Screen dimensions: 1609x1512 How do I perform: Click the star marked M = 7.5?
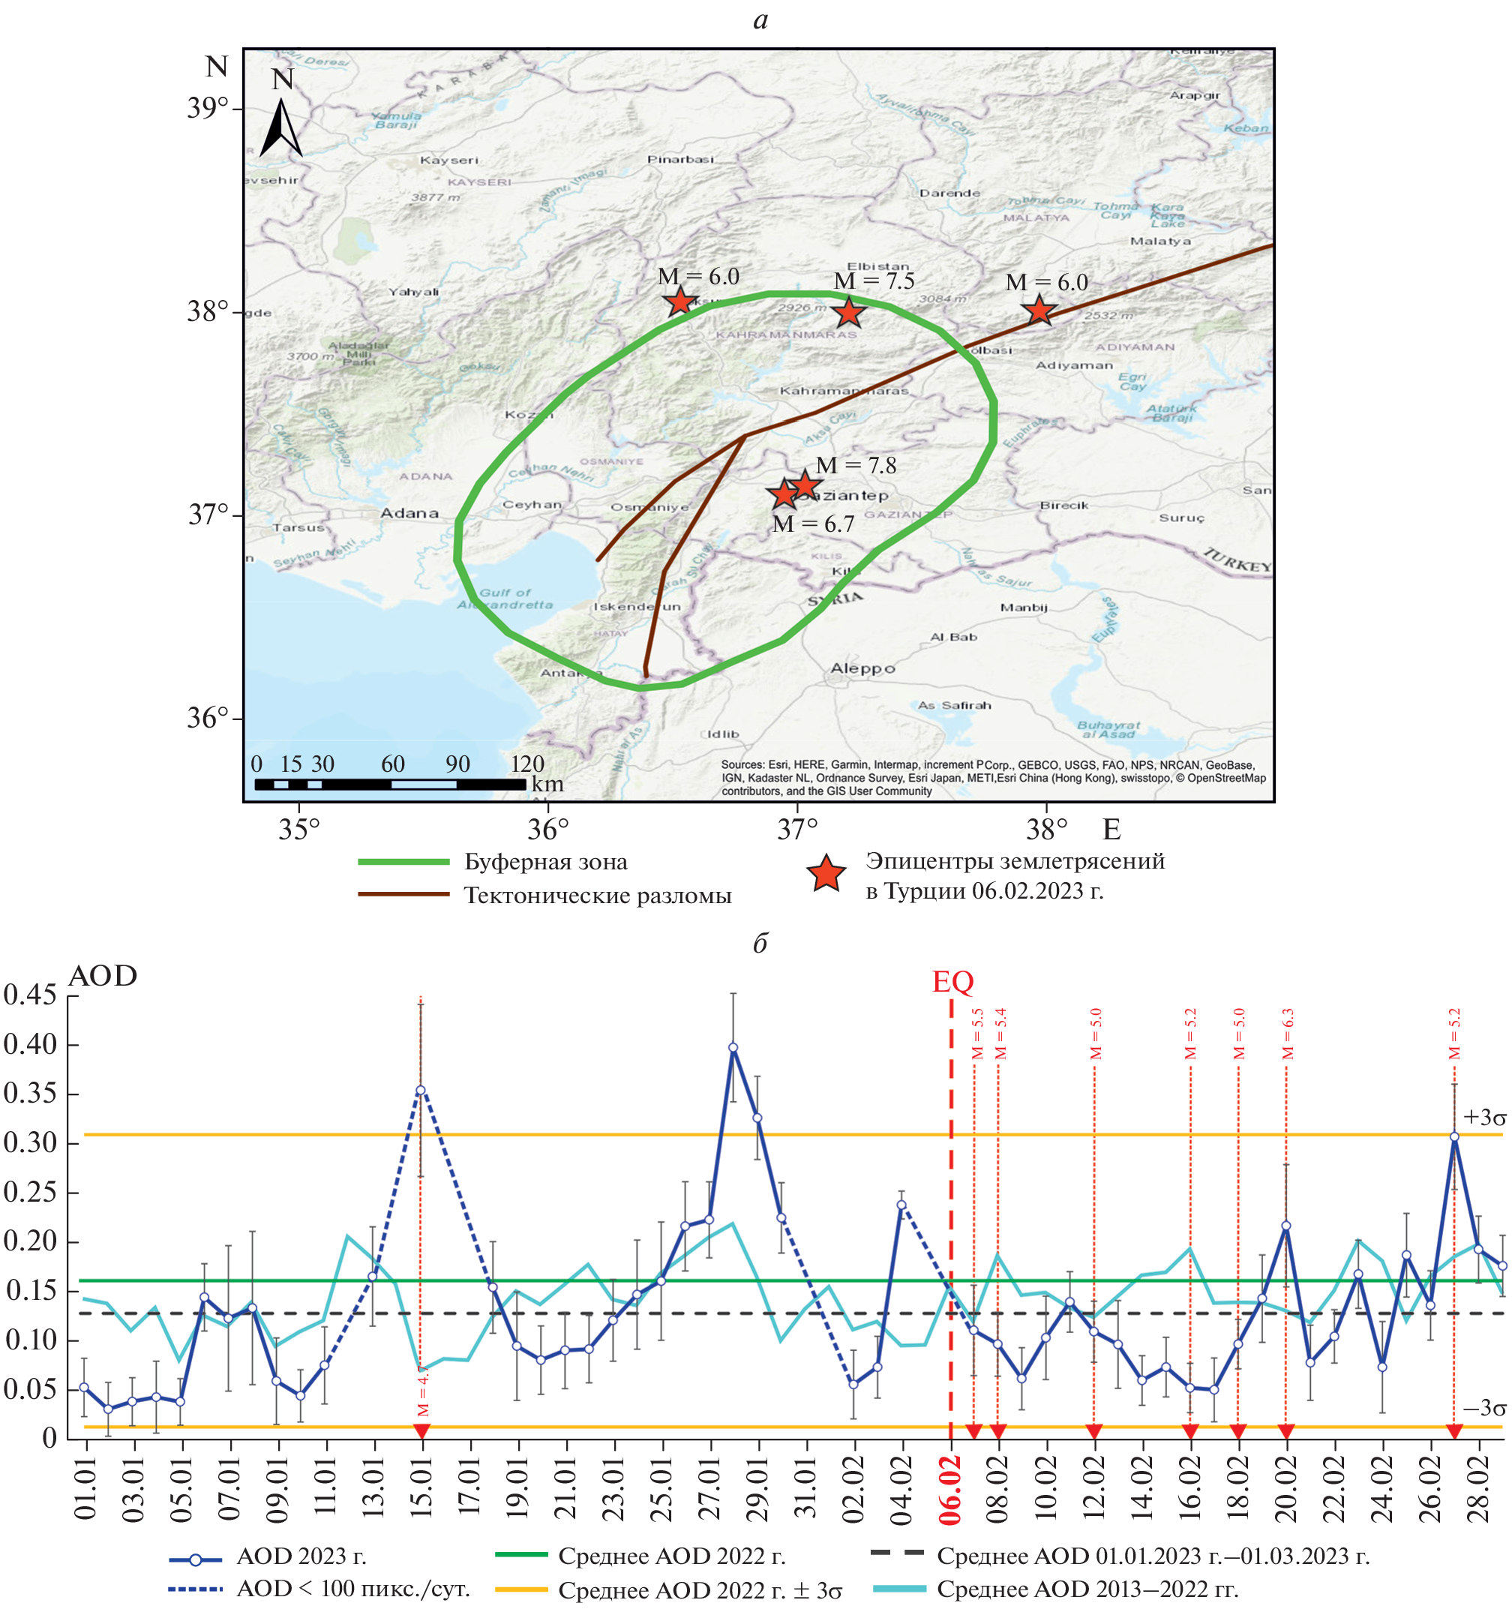point(847,311)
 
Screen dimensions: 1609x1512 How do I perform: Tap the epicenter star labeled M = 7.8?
point(805,485)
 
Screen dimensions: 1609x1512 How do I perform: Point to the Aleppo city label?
point(862,668)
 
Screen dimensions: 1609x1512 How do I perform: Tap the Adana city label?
point(409,513)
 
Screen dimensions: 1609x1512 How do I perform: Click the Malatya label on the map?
point(1160,242)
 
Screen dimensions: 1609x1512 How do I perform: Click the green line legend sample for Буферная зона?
point(403,862)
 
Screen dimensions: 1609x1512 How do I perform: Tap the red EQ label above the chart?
point(952,982)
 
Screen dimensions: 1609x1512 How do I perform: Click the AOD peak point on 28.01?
point(733,1047)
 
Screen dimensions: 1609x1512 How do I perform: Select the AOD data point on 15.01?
point(421,1090)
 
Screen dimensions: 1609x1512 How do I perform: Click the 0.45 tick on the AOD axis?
point(31,995)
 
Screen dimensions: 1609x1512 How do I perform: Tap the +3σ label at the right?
point(1484,1118)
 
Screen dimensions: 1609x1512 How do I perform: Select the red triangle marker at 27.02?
point(1453,1432)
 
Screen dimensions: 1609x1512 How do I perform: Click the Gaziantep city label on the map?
point(850,495)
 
